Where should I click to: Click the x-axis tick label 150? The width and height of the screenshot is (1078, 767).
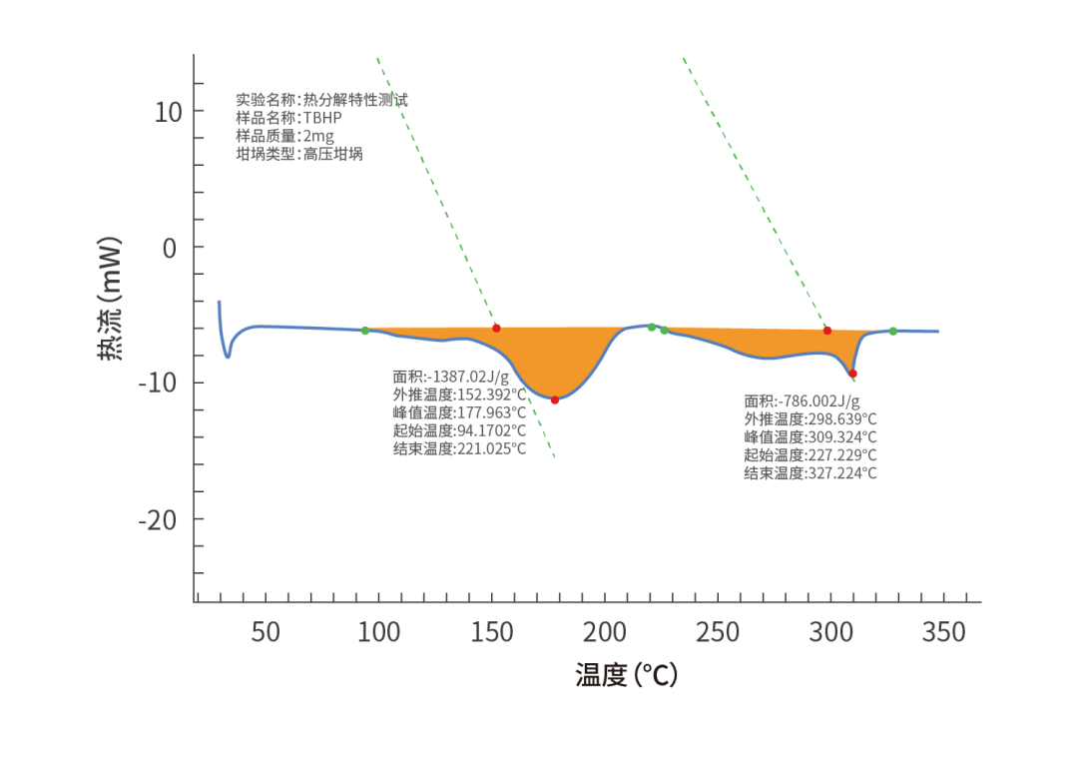491,631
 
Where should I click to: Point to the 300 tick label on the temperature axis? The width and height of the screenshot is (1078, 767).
830,631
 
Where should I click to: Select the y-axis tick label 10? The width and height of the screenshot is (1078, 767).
169,112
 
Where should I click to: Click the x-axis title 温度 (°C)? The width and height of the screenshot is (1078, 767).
626,674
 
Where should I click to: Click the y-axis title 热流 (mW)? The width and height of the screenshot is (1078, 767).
109,298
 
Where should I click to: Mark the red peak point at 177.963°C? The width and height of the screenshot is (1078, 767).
555,399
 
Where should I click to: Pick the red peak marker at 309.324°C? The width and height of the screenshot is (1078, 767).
852,374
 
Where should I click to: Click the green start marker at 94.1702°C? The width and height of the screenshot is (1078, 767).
365,331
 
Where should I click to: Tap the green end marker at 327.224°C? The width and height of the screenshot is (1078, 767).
893,332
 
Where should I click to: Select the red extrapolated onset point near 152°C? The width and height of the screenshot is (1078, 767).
496,329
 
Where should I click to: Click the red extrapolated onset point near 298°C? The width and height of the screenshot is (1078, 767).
827,331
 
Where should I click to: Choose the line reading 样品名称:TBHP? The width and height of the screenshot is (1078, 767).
288,118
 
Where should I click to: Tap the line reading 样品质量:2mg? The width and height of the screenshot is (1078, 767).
285,136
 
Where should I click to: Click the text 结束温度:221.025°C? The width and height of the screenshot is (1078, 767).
459,449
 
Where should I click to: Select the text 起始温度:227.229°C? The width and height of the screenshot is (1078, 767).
810,454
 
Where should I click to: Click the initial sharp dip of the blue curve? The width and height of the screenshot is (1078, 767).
228,354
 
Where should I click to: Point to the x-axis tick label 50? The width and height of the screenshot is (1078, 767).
266,631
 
